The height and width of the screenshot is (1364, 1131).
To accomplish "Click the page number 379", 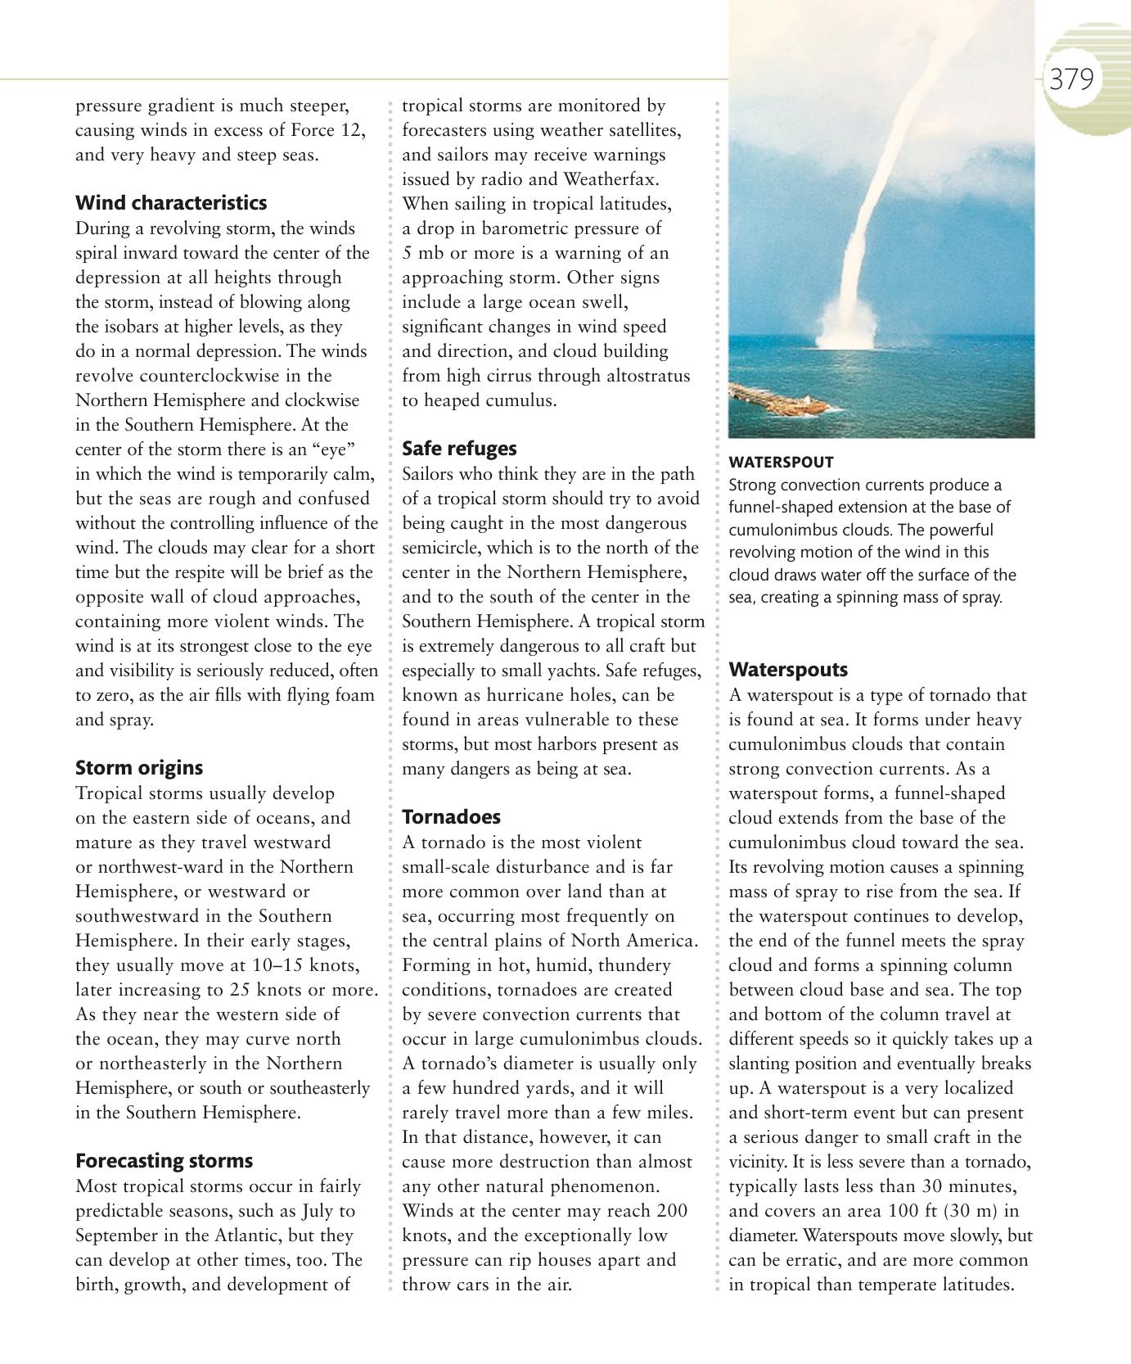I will point(1071,80).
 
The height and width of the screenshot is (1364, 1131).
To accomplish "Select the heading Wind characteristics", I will point(171,203).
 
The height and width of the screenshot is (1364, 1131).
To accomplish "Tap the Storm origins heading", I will point(139,768).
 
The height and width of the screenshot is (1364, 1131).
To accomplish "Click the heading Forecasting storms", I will point(164,1161).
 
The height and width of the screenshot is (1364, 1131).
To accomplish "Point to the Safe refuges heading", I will point(459,449).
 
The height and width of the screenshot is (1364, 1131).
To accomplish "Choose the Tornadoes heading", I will point(451,817).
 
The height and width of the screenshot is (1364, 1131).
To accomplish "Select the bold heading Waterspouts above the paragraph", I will point(788,670).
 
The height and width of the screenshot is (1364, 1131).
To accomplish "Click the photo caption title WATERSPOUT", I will point(781,463).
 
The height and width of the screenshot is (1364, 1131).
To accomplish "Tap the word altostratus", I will point(639,376).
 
